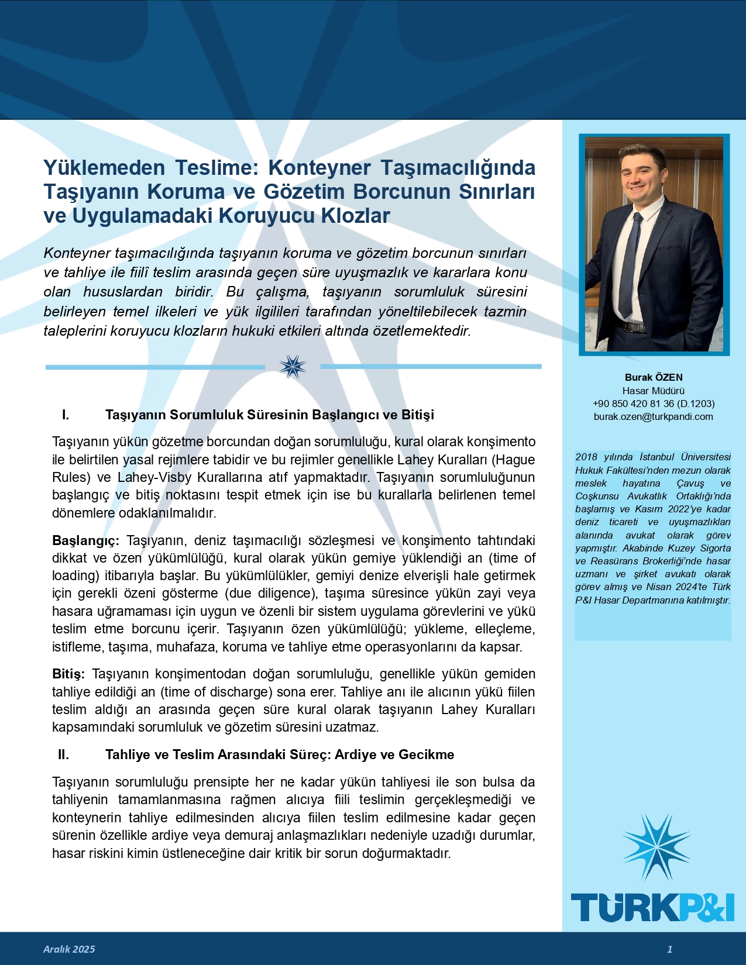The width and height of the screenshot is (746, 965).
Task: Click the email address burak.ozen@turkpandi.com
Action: tap(653, 417)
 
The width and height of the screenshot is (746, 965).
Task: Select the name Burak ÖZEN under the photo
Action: tap(654, 378)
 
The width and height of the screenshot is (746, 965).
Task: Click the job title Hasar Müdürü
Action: tap(654, 391)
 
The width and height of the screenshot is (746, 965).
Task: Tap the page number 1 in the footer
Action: tap(670, 949)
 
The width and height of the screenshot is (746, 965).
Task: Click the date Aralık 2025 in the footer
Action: tap(69, 949)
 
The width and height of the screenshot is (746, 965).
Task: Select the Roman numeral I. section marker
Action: tap(66, 415)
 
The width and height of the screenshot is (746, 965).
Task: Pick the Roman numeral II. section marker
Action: tap(64, 755)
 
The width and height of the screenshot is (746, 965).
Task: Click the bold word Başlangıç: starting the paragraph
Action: tap(85, 540)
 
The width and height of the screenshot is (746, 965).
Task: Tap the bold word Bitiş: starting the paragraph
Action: tap(68, 674)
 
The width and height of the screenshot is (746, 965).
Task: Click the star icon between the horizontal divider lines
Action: tap(293, 367)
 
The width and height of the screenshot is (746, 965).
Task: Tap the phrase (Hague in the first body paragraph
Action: tap(515, 460)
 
